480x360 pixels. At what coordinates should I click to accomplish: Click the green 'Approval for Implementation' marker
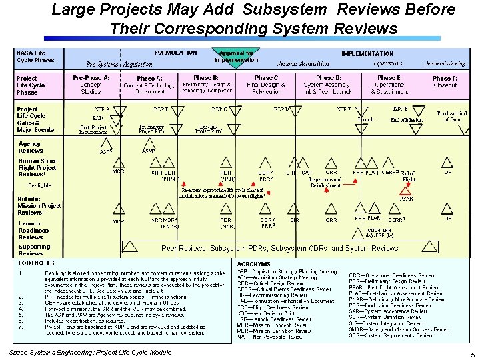[x=236, y=56]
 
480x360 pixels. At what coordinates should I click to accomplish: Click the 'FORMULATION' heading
[x=175, y=52]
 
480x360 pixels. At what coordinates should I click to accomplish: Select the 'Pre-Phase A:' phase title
[x=91, y=78]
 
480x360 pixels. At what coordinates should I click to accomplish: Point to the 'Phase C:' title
[x=267, y=78]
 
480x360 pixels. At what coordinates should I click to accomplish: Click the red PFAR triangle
[x=406, y=191]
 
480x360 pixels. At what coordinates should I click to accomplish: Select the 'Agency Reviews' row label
[x=30, y=147]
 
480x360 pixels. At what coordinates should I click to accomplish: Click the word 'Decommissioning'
[x=444, y=63]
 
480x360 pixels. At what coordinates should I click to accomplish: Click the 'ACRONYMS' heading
[x=254, y=264]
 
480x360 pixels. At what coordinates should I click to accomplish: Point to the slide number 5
[x=472, y=355]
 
